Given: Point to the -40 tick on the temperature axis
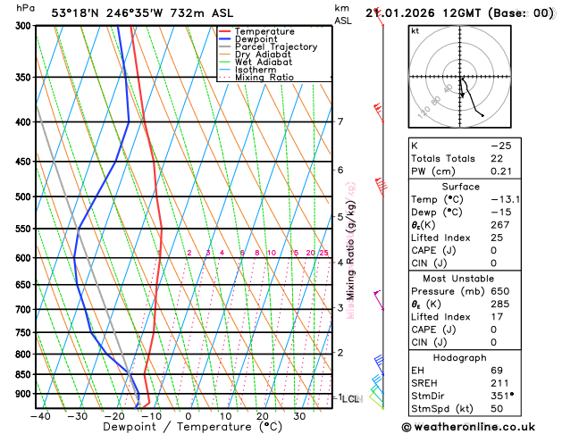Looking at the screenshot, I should (40, 415).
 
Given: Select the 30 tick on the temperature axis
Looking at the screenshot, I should (299, 415).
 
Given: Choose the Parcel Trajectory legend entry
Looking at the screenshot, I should (275, 47).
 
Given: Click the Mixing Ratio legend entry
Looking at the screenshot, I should (264, 78).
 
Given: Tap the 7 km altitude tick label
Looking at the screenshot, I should (340, 122).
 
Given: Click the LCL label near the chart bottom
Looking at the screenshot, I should (351, 398).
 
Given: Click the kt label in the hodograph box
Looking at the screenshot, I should (415, 30).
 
